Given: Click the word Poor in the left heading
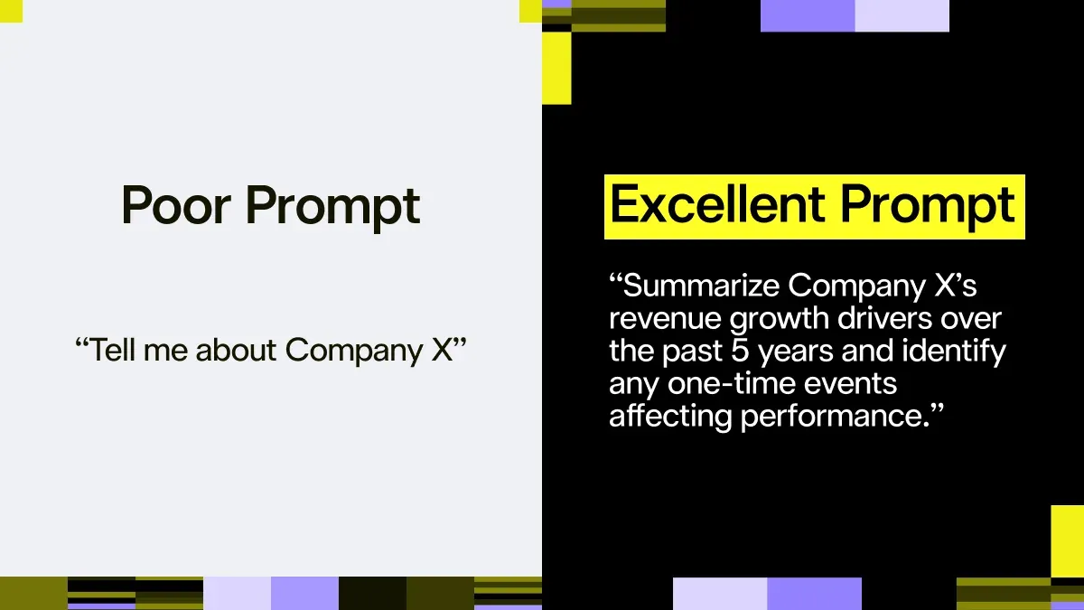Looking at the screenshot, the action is point(175,205).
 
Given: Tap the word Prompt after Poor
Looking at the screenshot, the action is point(333,207).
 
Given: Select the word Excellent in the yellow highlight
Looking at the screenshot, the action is point(717,204).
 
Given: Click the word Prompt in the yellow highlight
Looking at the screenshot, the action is point(927,207).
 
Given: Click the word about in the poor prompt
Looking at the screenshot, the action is point(236,349).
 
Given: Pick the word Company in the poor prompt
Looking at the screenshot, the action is point(355,351).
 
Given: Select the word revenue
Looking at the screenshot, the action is point(666,319).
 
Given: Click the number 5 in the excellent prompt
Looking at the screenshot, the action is point(740,351).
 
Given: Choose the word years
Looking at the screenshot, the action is point(796,352).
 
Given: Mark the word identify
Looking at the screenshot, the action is point(954,352).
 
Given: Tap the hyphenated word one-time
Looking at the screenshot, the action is point(732,383).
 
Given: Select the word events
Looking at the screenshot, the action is point(850,384).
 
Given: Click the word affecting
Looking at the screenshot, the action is point(670,417).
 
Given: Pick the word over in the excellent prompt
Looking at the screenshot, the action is point(971,320).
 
